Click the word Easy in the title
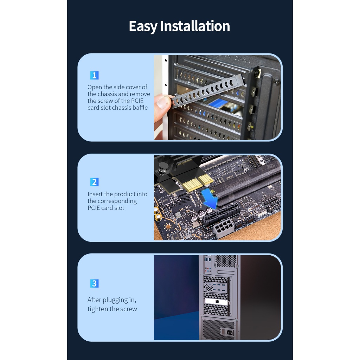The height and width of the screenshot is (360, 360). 143,26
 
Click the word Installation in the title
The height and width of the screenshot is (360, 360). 195,26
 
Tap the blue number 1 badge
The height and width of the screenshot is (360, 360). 94,75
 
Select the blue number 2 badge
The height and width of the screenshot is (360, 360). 94,182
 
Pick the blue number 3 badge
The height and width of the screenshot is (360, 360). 94,284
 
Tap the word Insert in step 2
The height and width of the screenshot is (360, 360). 95,194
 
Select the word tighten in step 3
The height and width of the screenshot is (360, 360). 98,309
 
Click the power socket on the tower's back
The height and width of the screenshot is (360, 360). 230,332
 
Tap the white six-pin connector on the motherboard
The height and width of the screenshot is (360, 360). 224,228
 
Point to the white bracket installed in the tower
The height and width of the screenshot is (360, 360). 216,301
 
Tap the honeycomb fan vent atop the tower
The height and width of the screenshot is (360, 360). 226,261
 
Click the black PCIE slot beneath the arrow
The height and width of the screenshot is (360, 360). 221,213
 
